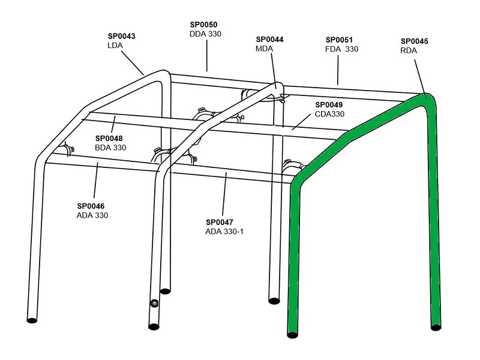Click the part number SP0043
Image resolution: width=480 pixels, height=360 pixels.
pyautogui.click(x=121, y=36)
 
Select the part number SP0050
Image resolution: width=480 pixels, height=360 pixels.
pyautogui.click(x=205, y=25)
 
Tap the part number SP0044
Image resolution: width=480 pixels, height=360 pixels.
pyautogui.click(x=269, y=40)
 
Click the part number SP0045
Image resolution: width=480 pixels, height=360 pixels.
pyautogui.click(x=414, y=41)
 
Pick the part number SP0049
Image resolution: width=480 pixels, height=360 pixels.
pyautogui.click(x=330, y=104)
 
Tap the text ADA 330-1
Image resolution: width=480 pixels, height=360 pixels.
pyautogui.click(x=225, y=231)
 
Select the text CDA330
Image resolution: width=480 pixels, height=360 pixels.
pyautogui.click(x=329, y=114)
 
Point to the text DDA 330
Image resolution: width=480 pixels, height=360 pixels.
pyautogui.click(x=205, y=34)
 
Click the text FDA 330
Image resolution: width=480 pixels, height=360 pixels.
pyautogui.click(x=341, y=49)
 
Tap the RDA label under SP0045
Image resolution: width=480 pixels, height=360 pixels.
pyautogui.click(x=408, y=51)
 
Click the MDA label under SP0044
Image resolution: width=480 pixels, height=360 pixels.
pyautogui.click(x=264, y=49)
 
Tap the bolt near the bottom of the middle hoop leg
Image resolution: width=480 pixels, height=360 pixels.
pyautogui.click(x=154, y=303)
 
